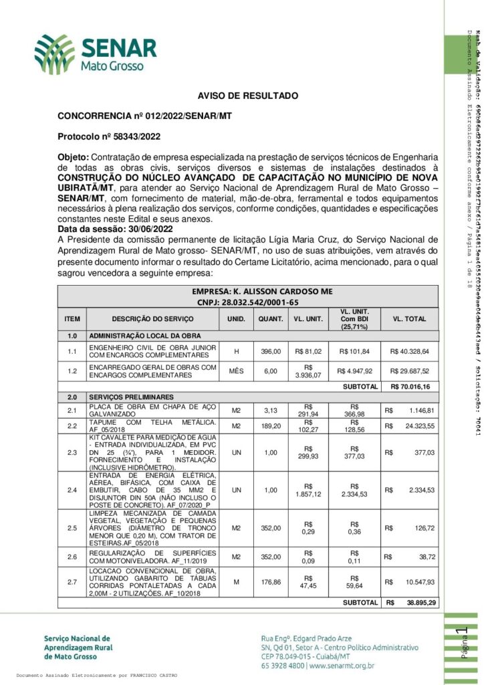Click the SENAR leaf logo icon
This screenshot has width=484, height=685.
point(55,54)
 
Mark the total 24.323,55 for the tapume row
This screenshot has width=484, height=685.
point(416,425)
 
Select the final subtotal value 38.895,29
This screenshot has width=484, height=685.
point(421,603)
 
